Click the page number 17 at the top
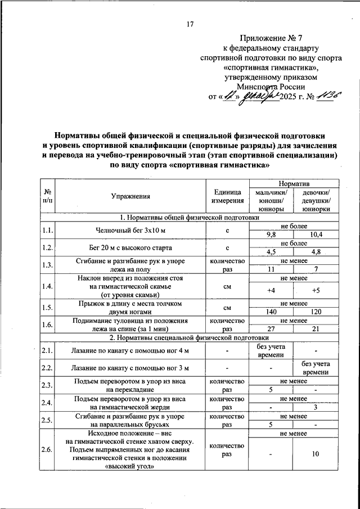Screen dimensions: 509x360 [190, 24]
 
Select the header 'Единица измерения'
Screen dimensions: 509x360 [227, 196]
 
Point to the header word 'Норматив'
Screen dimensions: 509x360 [294, 184]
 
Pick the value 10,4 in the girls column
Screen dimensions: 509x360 [316, 234]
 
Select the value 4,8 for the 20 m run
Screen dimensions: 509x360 [316, 251]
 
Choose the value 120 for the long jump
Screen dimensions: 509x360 [316, 312]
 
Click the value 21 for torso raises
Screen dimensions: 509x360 [316, 329]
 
